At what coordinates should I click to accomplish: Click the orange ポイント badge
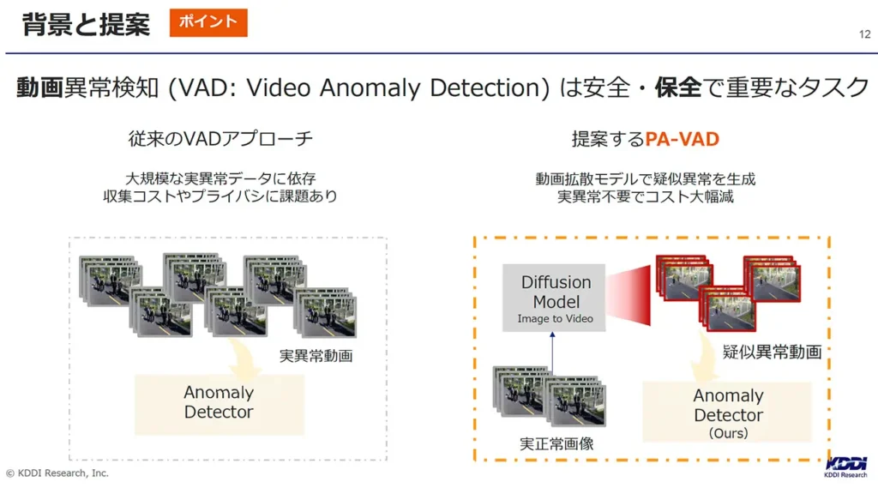[208, 22]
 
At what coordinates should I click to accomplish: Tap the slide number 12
[864, 34]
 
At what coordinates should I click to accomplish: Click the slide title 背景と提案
[87, 24]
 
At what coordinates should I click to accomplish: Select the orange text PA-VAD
[682, 139]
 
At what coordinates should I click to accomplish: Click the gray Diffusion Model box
[554, 298]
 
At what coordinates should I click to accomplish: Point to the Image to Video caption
[555, 319]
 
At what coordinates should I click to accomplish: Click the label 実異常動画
[316, 356]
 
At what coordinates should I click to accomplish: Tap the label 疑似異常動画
[772, 352]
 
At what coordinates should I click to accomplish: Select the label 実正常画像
[556, 444]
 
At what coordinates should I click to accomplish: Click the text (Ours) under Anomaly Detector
[729, 433]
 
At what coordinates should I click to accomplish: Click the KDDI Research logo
[845, 467]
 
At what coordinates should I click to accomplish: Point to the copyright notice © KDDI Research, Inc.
[57, 473]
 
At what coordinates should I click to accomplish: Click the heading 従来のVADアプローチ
[220, 138]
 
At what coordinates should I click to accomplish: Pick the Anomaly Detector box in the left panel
[219, 405]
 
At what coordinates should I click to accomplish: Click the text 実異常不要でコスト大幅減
[645, 196]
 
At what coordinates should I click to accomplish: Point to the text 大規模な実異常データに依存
[220, 178]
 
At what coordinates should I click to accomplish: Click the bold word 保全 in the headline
[677, 87]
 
